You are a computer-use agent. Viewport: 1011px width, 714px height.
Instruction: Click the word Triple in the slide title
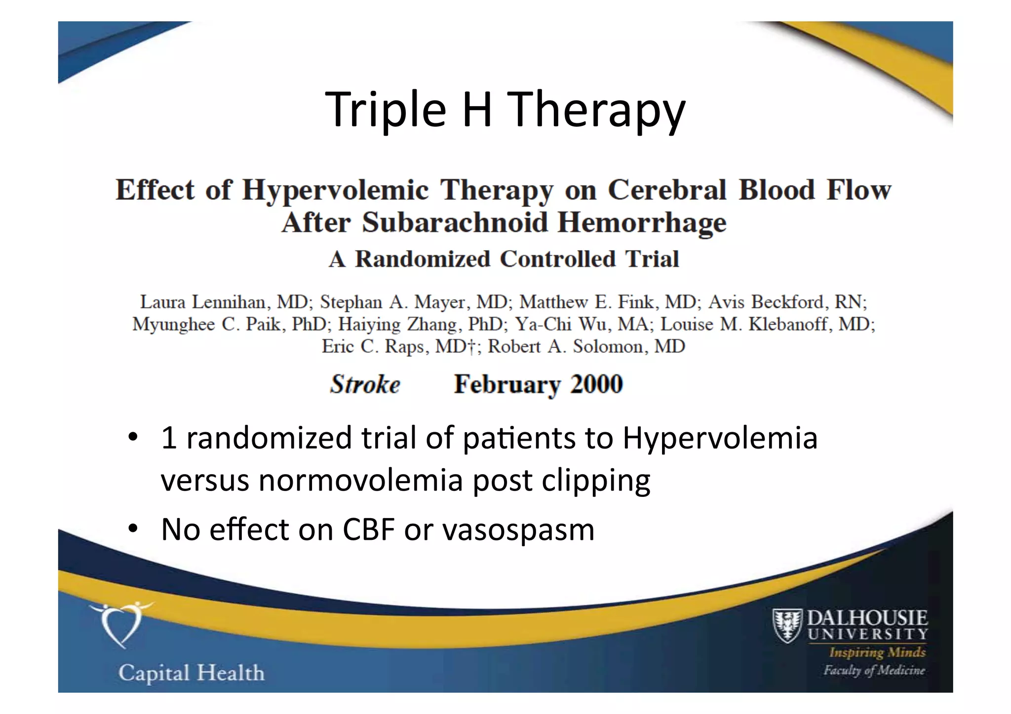tap(386, 110)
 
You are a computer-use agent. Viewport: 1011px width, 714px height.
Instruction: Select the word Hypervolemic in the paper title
tap(335, 191)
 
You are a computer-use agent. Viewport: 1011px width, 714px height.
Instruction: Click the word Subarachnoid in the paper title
tap(455, 223)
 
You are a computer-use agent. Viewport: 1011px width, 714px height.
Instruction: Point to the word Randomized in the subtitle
tap(423, 260)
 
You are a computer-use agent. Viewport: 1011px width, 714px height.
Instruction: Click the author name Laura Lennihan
tap(203, 301)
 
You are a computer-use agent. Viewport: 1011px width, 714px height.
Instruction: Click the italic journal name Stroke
tap(365, 384)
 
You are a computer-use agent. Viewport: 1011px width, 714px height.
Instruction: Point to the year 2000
tap(596, 384)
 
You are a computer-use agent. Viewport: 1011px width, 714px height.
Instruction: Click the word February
tap(507, 384)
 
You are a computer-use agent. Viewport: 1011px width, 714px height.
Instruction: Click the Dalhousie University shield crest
tap(787, 625)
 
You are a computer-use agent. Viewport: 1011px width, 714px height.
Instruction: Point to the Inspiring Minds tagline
tap(877, 652)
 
